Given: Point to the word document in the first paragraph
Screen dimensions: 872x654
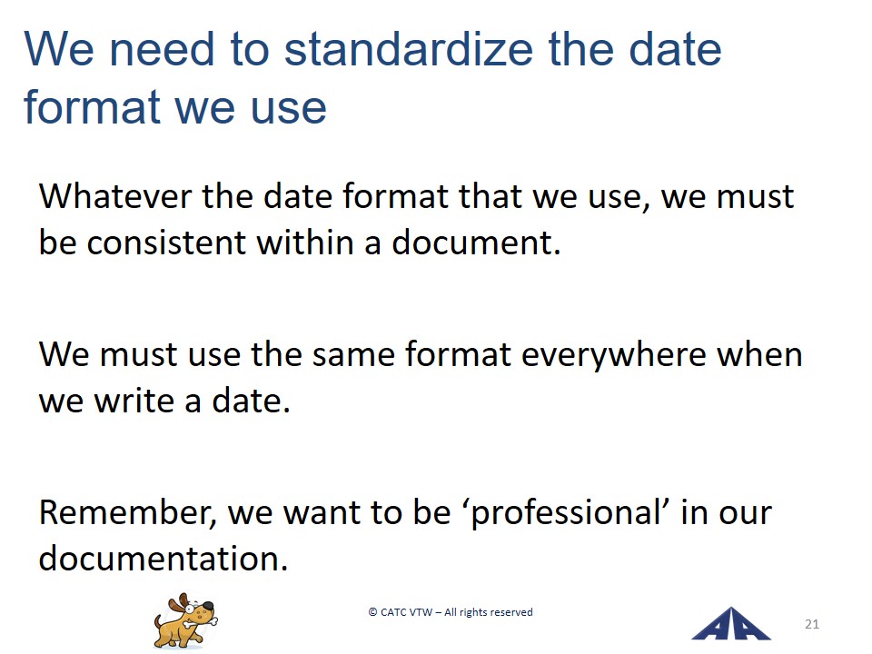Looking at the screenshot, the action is tap(476, 243).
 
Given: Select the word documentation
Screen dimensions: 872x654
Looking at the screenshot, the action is tap(163, 558).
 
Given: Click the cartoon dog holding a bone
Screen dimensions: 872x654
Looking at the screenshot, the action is tap(185, 620).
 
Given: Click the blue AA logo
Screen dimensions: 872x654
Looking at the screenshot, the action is tap(731, 624).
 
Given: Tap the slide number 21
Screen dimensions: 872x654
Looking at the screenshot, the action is tap(812, 624).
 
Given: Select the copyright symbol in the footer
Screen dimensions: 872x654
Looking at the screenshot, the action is tap(372, 612).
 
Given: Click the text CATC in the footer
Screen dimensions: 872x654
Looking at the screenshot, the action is tap(393, 612).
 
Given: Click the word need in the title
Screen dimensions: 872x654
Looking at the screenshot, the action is tap(162, 49).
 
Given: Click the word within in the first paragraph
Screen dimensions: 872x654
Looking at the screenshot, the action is tap(305, 243).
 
